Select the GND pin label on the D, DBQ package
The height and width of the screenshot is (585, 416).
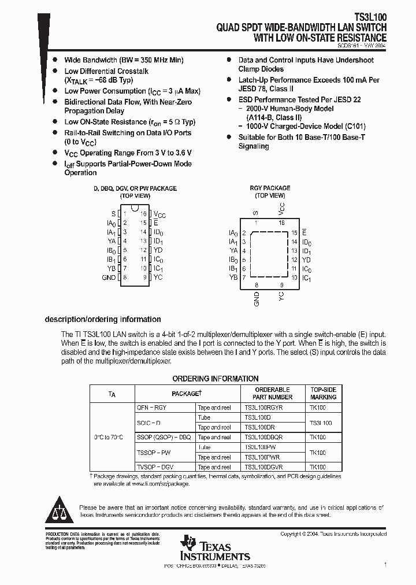click(x=109, y=277)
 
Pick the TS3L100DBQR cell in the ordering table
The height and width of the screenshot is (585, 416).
click(x=263, y=438)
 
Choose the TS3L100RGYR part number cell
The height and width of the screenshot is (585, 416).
click(x=263, y=408)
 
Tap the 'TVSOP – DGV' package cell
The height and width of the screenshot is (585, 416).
click(x=155, y=467)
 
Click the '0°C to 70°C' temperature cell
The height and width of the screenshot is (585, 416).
click(x=112, y=437)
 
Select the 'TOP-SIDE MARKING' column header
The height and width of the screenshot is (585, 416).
click(x=323, y=393)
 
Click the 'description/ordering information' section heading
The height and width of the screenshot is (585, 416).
click(x=103, y=320)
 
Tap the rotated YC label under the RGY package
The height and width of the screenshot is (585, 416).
click(x=281, y=296)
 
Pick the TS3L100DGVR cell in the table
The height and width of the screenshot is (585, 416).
click(x=263, y=467)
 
